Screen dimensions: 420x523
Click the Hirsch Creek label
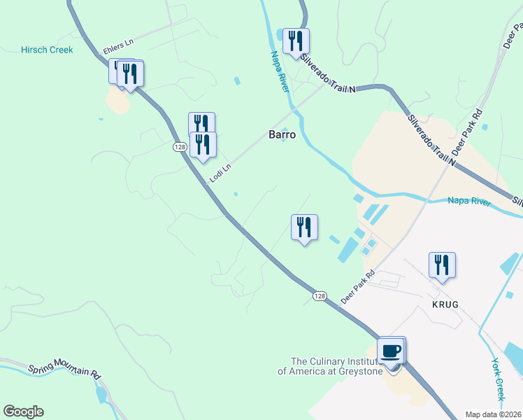point(47,50)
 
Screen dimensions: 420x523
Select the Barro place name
point(282,134)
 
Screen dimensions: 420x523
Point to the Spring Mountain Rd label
point(64,370)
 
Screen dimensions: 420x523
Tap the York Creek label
point(498,379)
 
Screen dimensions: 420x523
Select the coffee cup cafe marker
point(392,351)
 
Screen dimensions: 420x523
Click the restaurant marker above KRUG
point(442,265)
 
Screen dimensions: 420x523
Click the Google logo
point(23,412)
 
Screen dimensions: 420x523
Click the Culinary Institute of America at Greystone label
point(330,366)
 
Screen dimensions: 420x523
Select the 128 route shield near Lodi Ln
point(180,146)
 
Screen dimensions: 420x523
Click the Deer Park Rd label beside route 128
point(358,286)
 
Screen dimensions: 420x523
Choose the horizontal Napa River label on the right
point(469,202)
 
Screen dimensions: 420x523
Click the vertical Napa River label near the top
point(278,73)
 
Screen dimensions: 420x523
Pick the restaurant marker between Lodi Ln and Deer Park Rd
point(304,227)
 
